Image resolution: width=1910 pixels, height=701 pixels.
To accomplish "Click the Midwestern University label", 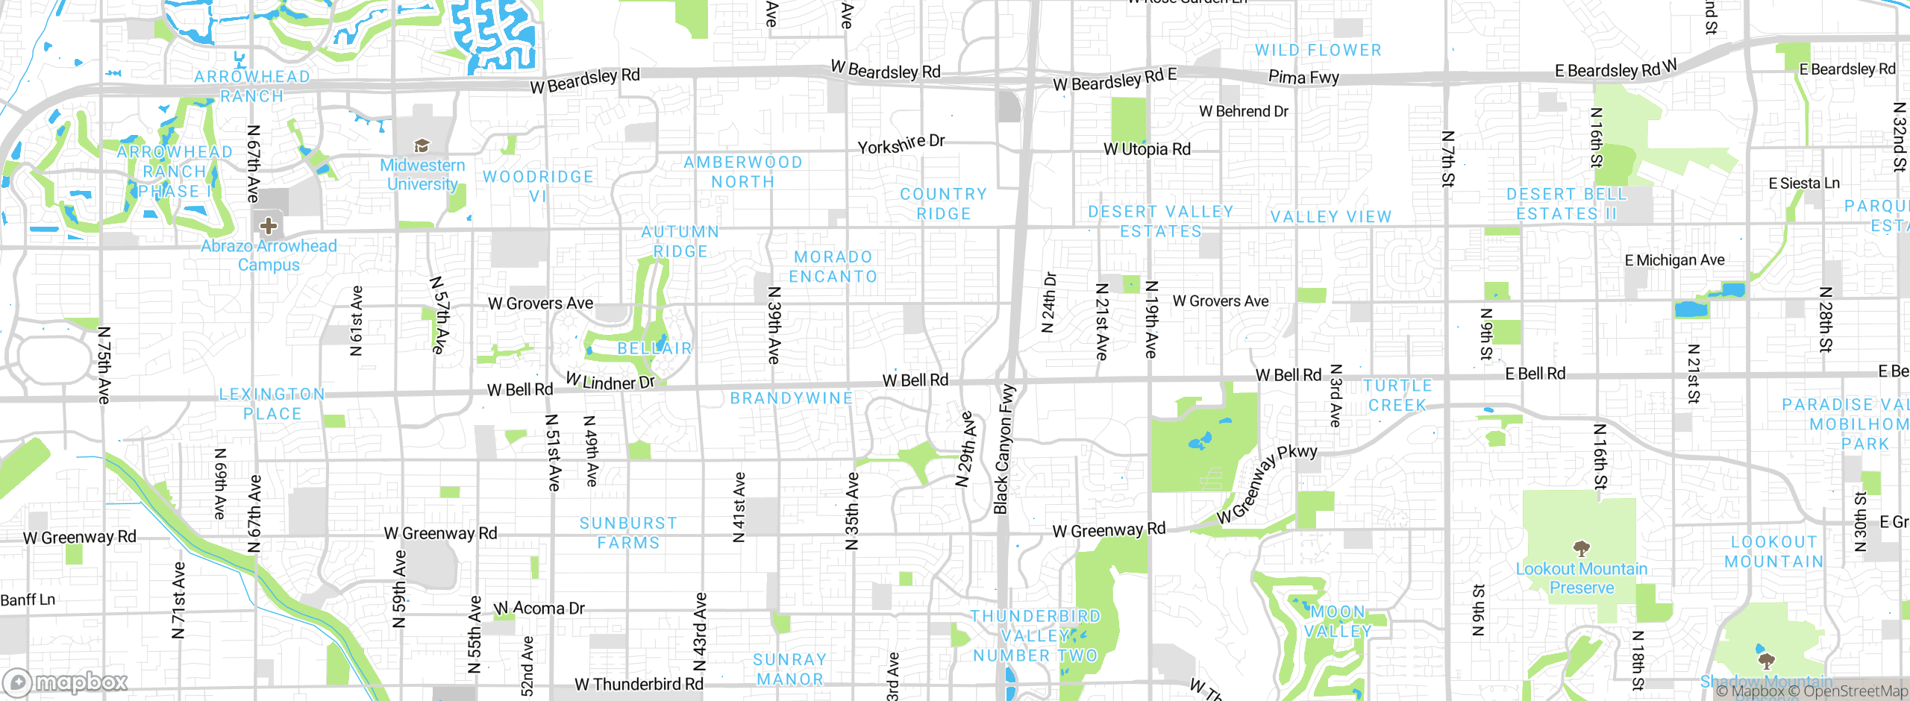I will (422, 175).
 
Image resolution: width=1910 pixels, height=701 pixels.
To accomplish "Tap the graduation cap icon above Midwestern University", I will (422, 145).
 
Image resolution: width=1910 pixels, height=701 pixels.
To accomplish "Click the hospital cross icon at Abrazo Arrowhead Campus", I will (269, 225).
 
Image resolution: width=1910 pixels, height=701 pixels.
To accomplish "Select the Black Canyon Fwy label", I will (1004, 450).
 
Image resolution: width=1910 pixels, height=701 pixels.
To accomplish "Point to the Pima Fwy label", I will (1303, 77).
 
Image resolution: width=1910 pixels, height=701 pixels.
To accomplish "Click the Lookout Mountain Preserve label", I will (1581, 578).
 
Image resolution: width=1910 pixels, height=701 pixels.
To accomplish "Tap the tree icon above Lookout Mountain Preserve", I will (1581, 550).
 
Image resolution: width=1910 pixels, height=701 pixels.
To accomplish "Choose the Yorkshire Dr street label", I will (901, 144).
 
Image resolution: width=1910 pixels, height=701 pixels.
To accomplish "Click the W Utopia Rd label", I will (1147, 149).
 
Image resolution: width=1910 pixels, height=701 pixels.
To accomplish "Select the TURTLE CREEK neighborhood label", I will (1397, 395).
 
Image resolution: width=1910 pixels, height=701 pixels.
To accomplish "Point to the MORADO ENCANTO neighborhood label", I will (833, 266).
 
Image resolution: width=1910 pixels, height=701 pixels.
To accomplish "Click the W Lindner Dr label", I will (610, 382).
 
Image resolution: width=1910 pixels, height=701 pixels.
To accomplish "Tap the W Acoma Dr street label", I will (539, 609).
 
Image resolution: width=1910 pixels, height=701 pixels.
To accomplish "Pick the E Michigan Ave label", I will (1674, 260).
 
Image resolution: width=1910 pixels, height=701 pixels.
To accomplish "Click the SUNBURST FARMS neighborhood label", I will (628, 532).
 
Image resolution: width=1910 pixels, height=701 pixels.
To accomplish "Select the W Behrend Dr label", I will (1244, 112).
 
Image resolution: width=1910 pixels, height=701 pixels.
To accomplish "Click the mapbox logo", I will (65, 682).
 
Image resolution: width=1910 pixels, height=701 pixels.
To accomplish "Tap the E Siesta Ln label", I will (1804, 183).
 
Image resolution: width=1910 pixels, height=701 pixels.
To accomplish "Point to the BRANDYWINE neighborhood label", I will (791, 398).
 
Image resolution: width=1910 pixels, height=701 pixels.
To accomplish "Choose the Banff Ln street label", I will (28, 600).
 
